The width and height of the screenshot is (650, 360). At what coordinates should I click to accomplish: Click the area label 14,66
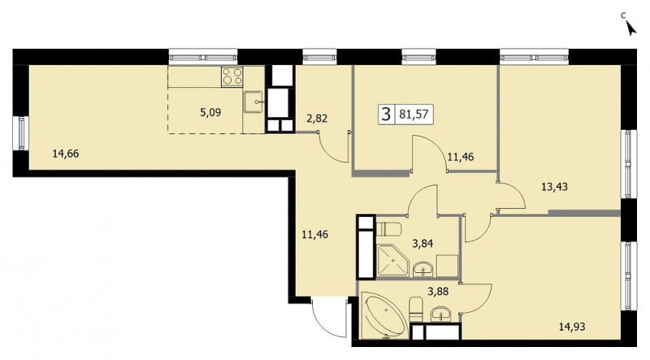(66, 154)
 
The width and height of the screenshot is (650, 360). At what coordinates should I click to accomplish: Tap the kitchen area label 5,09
(210, 112)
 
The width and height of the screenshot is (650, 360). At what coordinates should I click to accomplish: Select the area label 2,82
(317, 119)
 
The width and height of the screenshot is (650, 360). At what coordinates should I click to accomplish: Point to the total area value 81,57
(414, 114)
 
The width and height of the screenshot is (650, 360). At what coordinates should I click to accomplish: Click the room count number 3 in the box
(386, 114)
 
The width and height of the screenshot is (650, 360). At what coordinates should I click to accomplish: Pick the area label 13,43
(555, 187)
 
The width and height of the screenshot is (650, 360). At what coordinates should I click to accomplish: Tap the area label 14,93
(572, 327)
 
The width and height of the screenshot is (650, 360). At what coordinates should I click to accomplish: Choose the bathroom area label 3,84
(422, 243)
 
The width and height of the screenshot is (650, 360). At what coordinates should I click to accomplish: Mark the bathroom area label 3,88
(438, 292)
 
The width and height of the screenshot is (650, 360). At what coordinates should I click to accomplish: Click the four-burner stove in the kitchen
(232, 76)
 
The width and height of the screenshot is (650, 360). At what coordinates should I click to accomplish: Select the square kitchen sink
(253, 102)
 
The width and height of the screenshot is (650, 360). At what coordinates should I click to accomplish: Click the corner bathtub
(384, 315)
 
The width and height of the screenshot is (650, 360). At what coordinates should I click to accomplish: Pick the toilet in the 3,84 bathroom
(389, 229)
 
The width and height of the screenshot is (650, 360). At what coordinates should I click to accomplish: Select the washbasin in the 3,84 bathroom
(423, 269)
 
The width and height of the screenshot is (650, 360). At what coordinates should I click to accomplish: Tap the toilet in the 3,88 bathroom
(416, 309)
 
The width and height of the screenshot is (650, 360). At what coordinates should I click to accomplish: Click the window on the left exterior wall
(20, 133)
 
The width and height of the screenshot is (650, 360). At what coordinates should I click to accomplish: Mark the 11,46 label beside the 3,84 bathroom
(315, 235)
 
